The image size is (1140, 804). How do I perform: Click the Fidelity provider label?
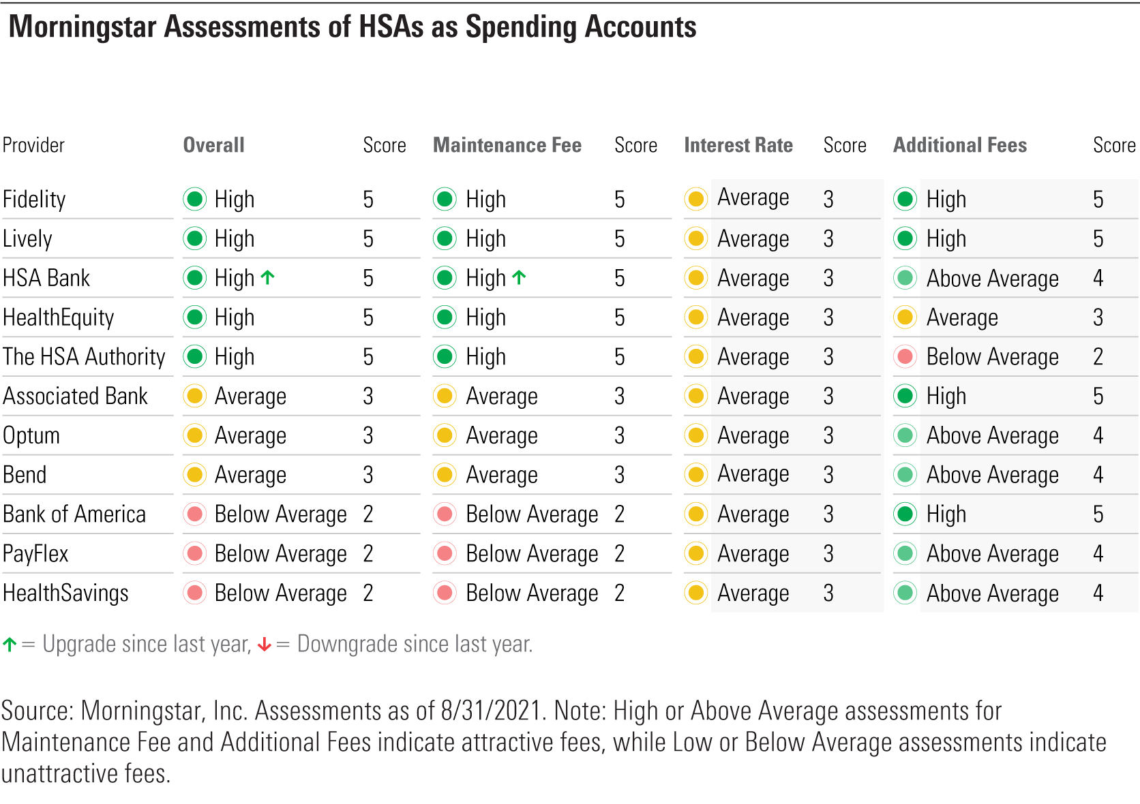pyautogui.click(x=34, y=200)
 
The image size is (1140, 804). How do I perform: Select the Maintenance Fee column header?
pyautogui.click(x=507, y=145)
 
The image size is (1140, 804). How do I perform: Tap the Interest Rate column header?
pyautogui.click(x=738, y=145)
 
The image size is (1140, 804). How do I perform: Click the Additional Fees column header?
pyautogui.click(x=959, y=145)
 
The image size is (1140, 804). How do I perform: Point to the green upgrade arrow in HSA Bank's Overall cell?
pyautogui.click(x=268, y=277)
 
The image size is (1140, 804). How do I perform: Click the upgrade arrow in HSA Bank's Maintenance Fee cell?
pyautogui.click(x=519, y=277)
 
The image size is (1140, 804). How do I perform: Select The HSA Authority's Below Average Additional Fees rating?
pyautogui.click(x=992, y=357)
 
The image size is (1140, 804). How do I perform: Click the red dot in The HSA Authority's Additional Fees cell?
pyautogui.click(x=905, y=356)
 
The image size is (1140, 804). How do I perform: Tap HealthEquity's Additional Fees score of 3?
pyautogui.click(x=1098, y=318)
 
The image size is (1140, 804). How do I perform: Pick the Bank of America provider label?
pyautogui.click(x=74, y=514)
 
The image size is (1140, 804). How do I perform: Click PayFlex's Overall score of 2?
pyautogui.click(x=368, y=554)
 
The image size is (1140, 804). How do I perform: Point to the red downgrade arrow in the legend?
pyautogui.click(x=265, y=645)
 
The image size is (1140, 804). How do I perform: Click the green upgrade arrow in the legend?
pyautogui.click(x=10, y=645)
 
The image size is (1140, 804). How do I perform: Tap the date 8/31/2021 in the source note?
pyautogui.click(x=491, y=711)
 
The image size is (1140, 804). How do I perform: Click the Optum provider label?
pyautogui.click(x=31, y=436)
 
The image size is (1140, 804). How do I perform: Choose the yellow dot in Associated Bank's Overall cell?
pyautogui.click(x=195, y=396)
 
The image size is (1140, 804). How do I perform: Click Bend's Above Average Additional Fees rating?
pyautogui.click(x=992, y=475)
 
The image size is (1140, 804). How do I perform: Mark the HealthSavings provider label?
pyautogui.click(x=65, y=593)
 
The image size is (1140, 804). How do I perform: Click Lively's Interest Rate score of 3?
pyautogui.click(x=828, y=239)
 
